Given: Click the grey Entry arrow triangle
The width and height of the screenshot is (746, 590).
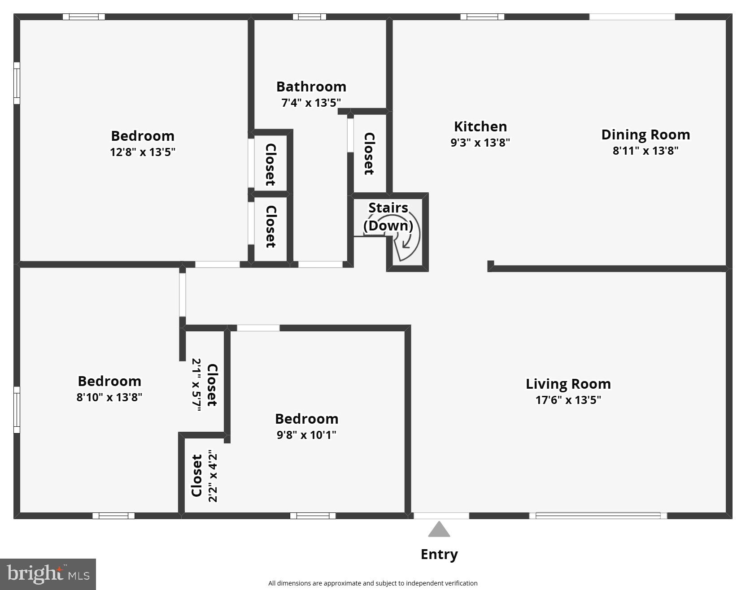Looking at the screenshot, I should pyautogui.click(x=439, y=529).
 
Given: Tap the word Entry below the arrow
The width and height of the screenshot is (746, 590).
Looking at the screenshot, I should pyautogui.click(x=439, y=555).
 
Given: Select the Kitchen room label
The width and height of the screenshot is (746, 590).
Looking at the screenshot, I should pyautogui.click(x=480, y=126).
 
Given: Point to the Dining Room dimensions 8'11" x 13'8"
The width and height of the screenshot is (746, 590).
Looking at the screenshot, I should pyautogui.click(x=645, y=151).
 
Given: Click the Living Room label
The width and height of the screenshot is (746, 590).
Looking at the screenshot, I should pyautogui.click(x=568, y=384).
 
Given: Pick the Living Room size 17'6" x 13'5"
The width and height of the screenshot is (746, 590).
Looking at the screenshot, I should pyautogui.click(x=568, y=400).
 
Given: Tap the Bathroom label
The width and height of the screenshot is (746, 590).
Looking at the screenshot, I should pyautogui.click(x=311, y=87).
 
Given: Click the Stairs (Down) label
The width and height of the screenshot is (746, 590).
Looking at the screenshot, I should pyautogui.click(x=388, y=217).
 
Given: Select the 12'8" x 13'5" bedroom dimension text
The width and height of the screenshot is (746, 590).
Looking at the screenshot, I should pyautogui.click(x=142, y=152).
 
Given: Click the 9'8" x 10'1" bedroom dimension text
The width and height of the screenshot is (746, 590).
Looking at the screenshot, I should pyautogui.click(x=306, y=435).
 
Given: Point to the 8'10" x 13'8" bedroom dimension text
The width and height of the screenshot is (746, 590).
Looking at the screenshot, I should pyautogui.click(x=109, y=397).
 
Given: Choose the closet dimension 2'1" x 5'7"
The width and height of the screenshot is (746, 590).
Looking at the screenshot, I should pyautogui.click(x=196, y=384).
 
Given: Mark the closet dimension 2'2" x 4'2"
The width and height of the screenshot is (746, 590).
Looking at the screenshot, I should pyautogui.click(x=213, y=477).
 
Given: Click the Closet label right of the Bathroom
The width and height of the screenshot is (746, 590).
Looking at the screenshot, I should pyautogui.click(x=369, y=153).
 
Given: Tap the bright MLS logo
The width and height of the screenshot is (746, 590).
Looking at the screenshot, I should pyautogui.click(x=48, y=574).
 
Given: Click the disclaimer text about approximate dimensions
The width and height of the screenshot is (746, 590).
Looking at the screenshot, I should pyautogui.click(x=373, y=583).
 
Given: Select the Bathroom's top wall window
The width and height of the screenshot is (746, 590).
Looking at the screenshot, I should pyautogui.click(x=310, y=17).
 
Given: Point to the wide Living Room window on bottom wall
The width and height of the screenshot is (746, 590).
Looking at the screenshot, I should pyautogui.click(x=598, y=516).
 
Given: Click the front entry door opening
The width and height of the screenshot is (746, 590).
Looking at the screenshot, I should pyautogui.click(x=441, y=516).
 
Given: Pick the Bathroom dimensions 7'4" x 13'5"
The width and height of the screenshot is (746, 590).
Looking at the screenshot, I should pyautogui.click(x=311, y=103).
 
